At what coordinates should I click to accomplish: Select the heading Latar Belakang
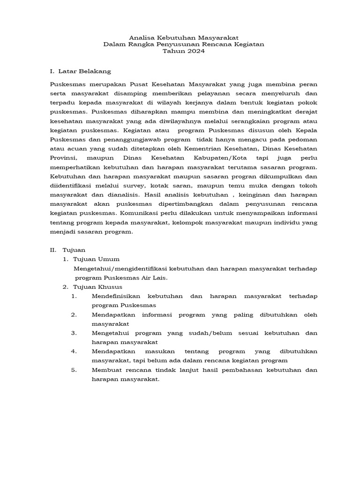[x=85, y=71]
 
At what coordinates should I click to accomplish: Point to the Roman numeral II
[x=53, y=250]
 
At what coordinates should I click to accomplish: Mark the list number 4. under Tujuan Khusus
[x=74, y=351]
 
